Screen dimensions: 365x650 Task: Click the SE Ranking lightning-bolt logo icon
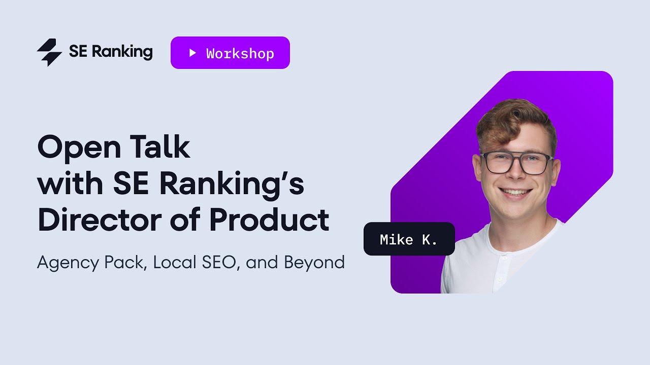click(49, 52)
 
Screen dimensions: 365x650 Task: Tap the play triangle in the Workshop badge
click(192, 53)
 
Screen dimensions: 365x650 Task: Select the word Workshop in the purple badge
click(240, 53)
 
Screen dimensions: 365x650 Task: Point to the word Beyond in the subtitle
click(314, 263)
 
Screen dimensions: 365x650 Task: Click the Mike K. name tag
click(409, 239)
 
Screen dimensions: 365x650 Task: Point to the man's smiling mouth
click(516, 193)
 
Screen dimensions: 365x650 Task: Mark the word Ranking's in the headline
click(232, 185)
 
